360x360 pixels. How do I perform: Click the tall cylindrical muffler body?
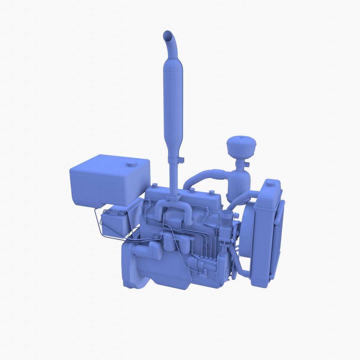coord(173,100)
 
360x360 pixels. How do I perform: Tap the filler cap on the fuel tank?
coord(132,164)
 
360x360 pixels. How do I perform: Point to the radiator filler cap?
coord(270,183)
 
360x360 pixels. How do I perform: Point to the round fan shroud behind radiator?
coord(247,230)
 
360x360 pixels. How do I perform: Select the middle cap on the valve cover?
coord(192,190)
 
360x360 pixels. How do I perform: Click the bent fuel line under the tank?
coord(100,227)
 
